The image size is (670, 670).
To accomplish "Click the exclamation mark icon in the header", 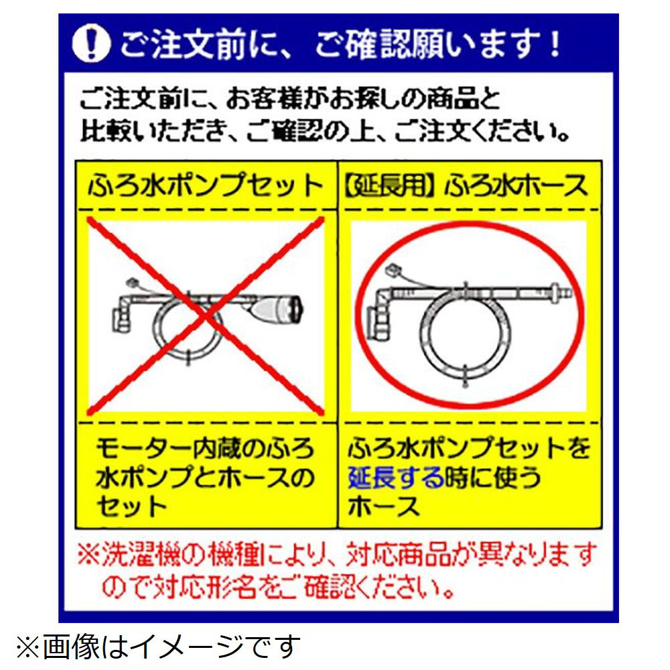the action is pyautogui.click(x=91, y=44).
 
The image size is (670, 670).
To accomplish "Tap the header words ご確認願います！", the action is pyautogui.click(x=438, y=44).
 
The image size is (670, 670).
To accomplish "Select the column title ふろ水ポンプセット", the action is pyautogui.click(x=206, y=186).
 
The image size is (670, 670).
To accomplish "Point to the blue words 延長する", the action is pyautogui.click(x=396, y=477).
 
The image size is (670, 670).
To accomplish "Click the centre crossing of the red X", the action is pyautogui.click(x=206, y=316).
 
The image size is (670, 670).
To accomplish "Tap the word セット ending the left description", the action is pyautogui.click(x=131, y=507).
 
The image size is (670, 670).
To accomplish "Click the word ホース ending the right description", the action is pyautogui.click(x=383, y=507).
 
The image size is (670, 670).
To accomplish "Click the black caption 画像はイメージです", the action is pyautogui.click(x=172, y=647).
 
